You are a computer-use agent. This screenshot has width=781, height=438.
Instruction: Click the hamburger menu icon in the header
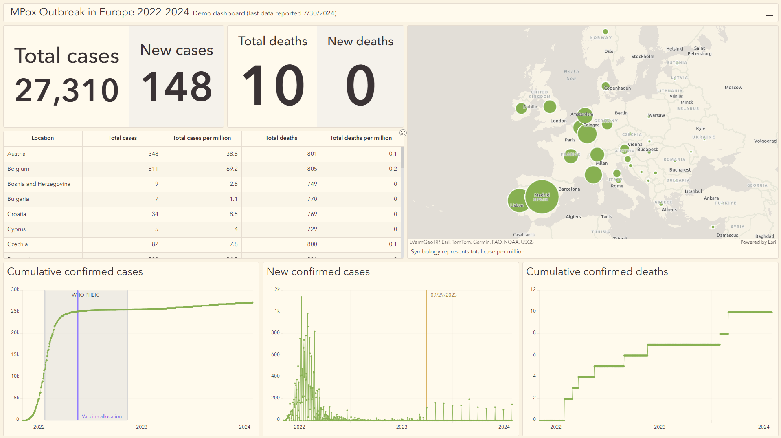(769, 13)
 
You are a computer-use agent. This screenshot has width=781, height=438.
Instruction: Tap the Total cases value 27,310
(67, 90)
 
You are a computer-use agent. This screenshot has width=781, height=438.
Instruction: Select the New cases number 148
(176, 86)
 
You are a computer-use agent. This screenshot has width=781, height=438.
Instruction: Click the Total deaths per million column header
(361, 138)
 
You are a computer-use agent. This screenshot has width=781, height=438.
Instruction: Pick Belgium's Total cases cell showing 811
(153, 169)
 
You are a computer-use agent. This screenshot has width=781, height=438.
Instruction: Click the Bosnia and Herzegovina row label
(39, 184)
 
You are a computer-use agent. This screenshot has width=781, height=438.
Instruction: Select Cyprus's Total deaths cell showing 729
(312, 229)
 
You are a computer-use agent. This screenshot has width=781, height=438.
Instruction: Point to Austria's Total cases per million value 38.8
(232, 154)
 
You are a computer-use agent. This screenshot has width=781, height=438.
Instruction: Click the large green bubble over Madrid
(542, 197)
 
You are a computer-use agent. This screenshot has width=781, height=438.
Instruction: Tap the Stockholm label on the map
(643, 57)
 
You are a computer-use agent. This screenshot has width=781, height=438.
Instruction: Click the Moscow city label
(733, 88)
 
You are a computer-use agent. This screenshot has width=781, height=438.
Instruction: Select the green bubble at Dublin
(521, 108)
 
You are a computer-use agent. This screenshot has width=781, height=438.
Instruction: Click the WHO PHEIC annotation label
(86, 295)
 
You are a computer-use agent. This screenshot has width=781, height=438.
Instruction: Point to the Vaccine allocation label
(102, 416)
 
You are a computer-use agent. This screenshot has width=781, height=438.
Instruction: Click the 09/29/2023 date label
(443, 295)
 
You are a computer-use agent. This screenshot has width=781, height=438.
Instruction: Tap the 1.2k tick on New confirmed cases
(275, 289)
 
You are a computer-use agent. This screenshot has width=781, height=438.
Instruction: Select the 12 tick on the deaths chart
(533, 289)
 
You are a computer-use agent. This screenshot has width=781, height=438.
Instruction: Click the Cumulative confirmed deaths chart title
(597, 272)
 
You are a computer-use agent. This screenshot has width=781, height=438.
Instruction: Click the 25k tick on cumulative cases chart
(15, 311)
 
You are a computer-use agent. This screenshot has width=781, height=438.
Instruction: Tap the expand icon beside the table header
(403, 133)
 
